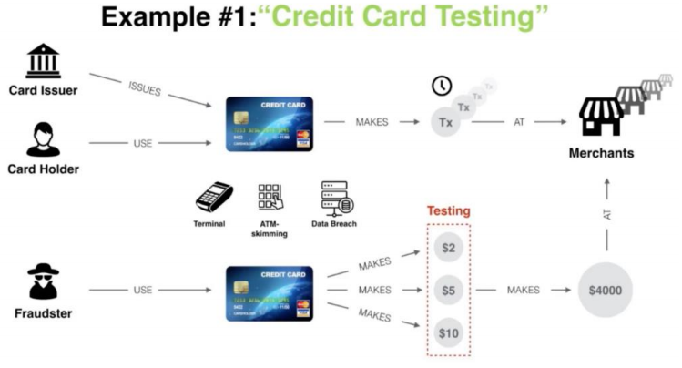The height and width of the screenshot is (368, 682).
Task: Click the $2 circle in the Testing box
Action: point(448,248)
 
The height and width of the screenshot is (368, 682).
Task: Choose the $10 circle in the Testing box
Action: point(448,332)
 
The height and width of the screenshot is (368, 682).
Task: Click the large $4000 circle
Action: point(606,291)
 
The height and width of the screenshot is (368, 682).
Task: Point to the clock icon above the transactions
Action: point(442,87)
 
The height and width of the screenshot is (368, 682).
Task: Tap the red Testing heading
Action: point(448,211)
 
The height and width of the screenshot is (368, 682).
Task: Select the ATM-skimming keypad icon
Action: point(271,198)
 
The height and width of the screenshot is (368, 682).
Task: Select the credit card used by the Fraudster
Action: point(269,293)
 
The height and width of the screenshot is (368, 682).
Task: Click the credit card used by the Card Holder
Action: point(269,125)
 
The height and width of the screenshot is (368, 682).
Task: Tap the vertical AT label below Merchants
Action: point(606,216)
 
